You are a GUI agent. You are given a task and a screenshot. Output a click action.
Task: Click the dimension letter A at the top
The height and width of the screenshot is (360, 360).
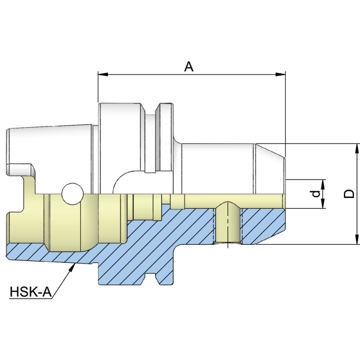coord(189,67)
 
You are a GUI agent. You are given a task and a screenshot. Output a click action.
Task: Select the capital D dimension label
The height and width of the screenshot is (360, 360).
coord(349,193)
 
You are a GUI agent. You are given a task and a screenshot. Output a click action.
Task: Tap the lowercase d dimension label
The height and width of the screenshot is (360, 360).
coord(316,194)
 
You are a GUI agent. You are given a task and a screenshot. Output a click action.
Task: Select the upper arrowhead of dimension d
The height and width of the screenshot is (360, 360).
coord(323,182)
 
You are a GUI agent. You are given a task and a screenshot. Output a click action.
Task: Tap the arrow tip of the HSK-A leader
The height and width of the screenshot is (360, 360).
coord(73,266)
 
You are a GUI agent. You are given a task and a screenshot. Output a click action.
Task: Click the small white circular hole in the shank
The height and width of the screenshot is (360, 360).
coord(72,193)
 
